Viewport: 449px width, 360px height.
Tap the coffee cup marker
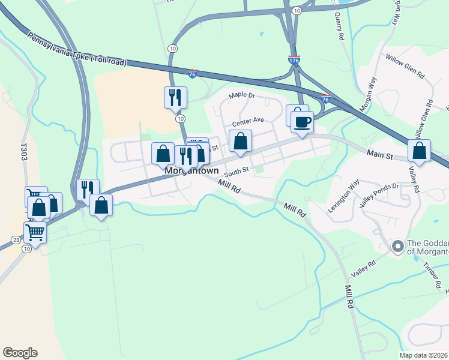(301, 122)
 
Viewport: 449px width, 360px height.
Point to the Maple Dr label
(243, 95)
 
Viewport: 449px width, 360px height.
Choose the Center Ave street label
(248, 120)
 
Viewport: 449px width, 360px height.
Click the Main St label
(380, 156)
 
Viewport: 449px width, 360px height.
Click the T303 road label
(24, 150)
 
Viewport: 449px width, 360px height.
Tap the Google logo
(20, 353)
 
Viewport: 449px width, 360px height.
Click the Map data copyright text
(424, 355)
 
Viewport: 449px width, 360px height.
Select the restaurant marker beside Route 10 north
(175, 97)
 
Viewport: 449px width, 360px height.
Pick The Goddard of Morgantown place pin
(397, 246)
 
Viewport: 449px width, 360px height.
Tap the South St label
(237, 170)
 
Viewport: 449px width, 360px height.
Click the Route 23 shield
(15, 240)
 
